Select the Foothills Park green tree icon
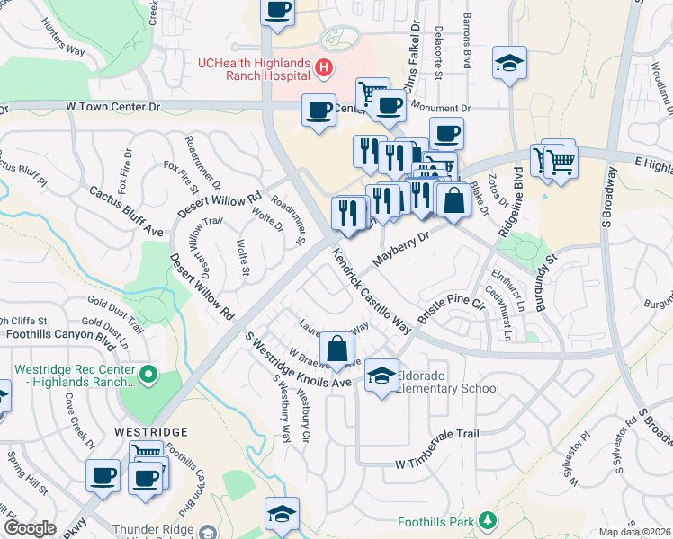click(x=488, y=520)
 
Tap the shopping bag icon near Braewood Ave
click(x=336, y=349)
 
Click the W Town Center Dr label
click(x=113, y=106)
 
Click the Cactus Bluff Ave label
click(x=126, y=212)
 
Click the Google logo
click(x=30, y=528)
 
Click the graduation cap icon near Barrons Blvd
click(x=509, y=63)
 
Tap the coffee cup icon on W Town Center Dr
click(x=319, y=110)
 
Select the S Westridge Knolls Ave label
click(x=297, y=361)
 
